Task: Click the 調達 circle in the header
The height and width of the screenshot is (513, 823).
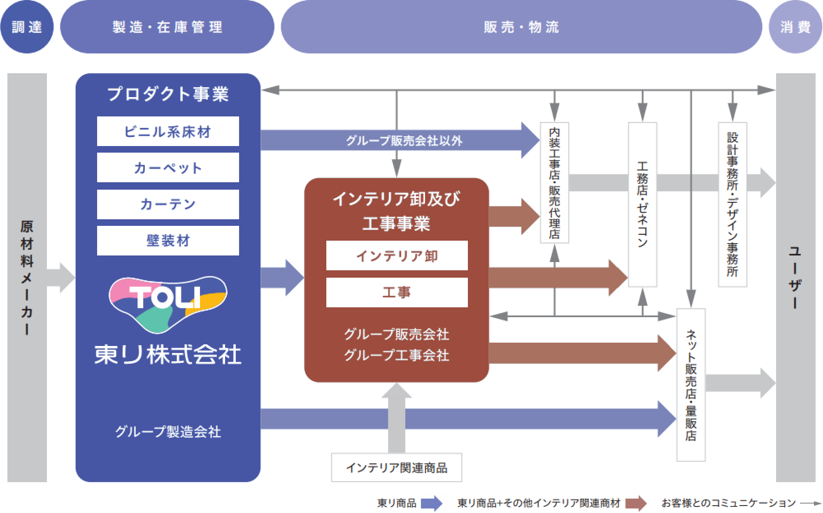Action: [27, 27]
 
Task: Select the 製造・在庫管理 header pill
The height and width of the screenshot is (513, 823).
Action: [167, 27]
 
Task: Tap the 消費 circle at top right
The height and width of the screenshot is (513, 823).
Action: [795, 27]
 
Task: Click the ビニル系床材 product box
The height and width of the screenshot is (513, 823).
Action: [168, 131]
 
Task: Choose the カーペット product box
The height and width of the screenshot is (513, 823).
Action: [168, 167]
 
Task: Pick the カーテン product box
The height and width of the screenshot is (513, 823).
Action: [168, 204]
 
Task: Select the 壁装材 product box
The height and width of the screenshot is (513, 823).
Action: [168, 241]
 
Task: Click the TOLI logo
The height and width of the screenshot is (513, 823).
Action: [168, 304]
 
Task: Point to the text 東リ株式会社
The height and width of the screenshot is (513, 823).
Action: [168, 355]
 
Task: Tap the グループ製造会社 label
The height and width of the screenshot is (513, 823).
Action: [168, 432]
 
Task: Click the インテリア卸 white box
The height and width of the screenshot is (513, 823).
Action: [397, 255]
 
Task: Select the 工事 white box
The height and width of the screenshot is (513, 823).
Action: [397, 292]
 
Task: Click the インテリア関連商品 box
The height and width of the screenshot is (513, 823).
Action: [397, 467]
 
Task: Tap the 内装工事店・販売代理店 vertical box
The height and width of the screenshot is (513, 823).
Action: [555, 183]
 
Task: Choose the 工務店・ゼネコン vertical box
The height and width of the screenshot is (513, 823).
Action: [642, 204]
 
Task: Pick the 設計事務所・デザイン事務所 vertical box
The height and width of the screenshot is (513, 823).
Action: [732, 204]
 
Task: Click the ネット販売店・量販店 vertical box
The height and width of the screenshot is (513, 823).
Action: [691, 385]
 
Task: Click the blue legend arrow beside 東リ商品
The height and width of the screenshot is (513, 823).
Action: [432, 503]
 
